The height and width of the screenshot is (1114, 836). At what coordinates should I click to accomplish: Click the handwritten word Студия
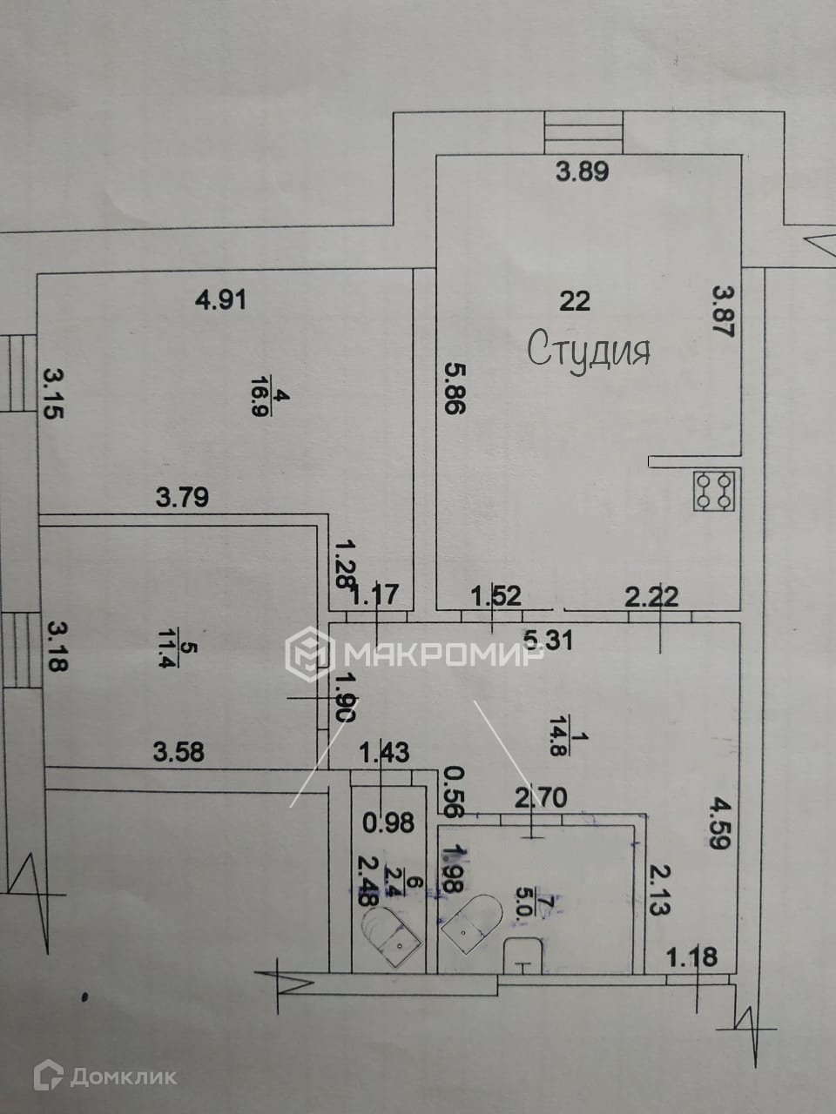(x=589, y=349)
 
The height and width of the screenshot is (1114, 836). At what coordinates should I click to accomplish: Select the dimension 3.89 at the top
(x=582, y=171)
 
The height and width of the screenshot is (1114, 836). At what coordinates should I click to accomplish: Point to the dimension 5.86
(x=453, y=388)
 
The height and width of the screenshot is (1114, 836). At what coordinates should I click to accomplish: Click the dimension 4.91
(x=220, y=300)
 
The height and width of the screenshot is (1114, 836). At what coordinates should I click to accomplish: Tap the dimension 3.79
(x=182, y=499)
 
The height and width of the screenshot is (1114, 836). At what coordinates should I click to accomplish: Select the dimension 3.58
(x=179, y=751)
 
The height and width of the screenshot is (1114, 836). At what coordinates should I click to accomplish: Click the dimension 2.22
(x=651, y=596)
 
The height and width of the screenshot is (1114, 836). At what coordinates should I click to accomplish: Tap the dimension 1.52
(x=496, y=596)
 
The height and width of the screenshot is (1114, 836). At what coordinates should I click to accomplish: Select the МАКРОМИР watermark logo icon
(x=310, y=654)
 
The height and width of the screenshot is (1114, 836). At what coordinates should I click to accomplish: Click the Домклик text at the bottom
(x=123, y=1077)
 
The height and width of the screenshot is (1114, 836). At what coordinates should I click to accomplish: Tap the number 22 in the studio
(x=575, y=301)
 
